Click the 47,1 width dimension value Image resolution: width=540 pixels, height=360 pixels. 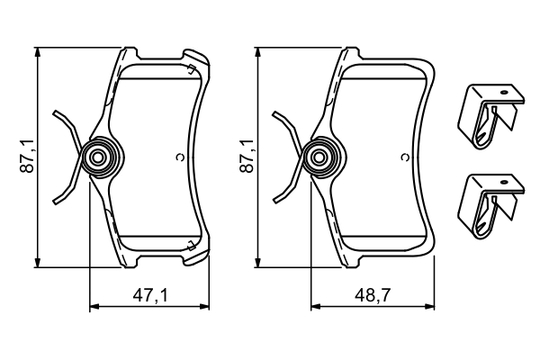(151, 294)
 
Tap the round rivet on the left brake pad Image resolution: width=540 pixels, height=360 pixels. (96, 158)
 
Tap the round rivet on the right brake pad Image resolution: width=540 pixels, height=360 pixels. (317, 158)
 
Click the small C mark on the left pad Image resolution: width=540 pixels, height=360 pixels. (180, 158)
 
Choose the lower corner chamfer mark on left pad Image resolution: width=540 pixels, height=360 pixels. (191, 245)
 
